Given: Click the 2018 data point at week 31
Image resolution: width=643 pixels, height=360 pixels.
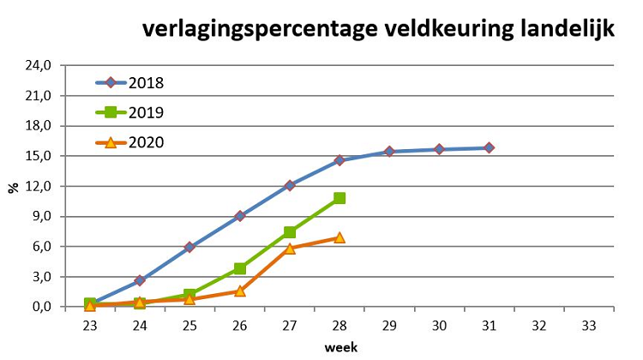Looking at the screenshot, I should pos(489,147).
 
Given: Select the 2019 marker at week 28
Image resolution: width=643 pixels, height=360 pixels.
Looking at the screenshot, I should pos(340,198).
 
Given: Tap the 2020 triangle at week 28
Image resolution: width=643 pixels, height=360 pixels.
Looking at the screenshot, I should pos(340,237).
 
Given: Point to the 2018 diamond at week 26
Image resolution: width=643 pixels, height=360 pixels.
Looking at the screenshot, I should pos(240,216).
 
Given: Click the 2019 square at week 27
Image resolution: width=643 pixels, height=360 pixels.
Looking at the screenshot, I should pos(290,232).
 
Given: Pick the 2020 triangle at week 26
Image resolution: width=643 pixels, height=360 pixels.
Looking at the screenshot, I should pos(240,291).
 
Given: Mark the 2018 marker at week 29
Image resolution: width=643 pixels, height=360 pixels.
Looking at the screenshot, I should pos(389,152).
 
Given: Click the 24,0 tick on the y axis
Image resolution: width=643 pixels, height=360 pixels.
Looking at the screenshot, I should pos(39,65).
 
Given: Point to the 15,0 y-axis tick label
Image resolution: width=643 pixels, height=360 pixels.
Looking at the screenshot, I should pos(39,156).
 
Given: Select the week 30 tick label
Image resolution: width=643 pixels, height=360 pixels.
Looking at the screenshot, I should pos(439,326).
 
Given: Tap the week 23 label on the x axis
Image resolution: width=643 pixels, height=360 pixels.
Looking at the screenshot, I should pos(90,326).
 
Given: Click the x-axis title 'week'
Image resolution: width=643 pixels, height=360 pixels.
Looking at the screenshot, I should pos(340,347).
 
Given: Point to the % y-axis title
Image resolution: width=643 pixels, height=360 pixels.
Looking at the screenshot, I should pos(13,187).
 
